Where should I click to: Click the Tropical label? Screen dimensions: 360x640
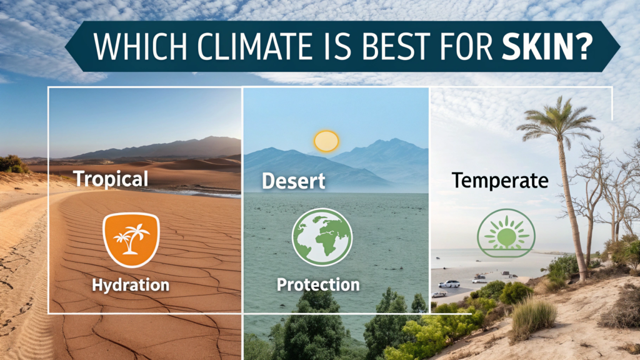tap(111, 179)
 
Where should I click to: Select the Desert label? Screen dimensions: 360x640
tap(293, 181)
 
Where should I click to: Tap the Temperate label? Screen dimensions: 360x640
tap(500, 181)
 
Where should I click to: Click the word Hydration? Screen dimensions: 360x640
tap(131, 285)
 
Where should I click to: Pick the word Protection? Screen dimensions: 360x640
tap(318, 285)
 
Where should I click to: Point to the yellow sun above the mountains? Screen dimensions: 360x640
tap(326, 141)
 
